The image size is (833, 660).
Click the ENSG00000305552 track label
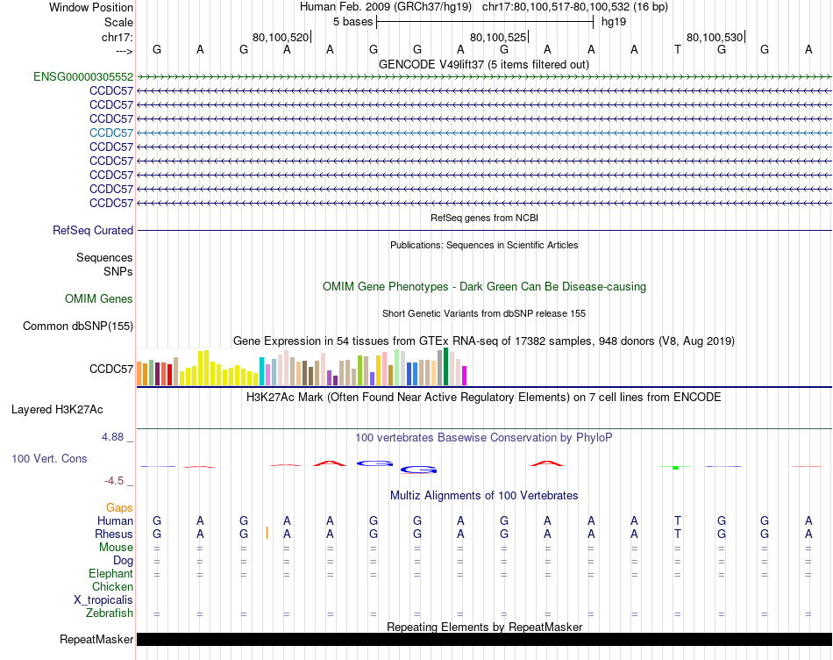(x=83, y=76)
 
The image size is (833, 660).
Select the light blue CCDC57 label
(x=111, y=133)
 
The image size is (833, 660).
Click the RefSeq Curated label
(x=93, y=231)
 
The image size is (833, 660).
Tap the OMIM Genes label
(x=99, y=299)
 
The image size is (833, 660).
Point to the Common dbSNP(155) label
(x=77, y=326)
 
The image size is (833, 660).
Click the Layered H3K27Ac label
(x=57, y=410)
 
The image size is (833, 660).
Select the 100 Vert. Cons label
(x=50, y=459)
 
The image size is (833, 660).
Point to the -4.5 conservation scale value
(x=114, y=481)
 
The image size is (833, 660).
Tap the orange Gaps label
(x=119, y=508)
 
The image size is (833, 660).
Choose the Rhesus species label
(x=114, y=534)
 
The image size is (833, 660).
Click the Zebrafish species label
(x=110, y=613)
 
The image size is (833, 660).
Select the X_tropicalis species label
(x=103, y=600)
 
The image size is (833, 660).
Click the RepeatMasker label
(x=96, y=640)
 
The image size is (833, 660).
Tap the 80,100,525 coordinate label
(x=498, y=37)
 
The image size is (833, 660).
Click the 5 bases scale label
(x=352, y=22)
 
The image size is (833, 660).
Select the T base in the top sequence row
(x=678, y=49)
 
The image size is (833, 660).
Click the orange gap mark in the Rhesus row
(x=267, y=534)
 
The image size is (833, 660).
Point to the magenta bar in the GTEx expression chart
(x=465, y=375)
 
